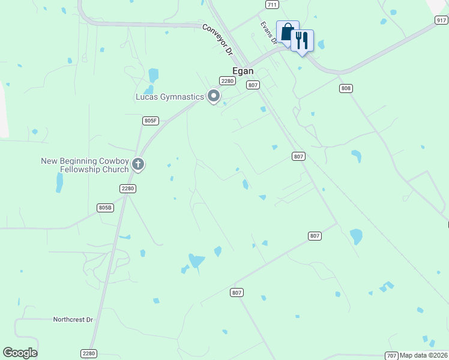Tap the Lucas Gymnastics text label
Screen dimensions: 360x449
pos(170,97)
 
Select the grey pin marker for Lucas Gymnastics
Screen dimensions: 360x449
pos(214,96)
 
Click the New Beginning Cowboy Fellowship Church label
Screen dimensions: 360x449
pos(85,165)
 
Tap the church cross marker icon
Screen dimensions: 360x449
pos(138,164)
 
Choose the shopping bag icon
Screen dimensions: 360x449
pos(288,32)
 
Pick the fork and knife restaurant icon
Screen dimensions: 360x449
pos(302,41)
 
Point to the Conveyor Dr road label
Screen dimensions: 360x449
pos(217,40)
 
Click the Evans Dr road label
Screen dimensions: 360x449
pos(268,32)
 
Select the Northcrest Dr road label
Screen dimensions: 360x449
pos(73,320)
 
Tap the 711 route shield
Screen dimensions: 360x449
pos(273,4)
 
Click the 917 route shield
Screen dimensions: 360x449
pos(441,20)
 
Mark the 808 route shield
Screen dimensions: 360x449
pos(345,88)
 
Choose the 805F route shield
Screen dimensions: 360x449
pos(151,121)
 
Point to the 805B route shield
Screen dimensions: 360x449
pos(105,208)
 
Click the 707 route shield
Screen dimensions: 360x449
pos(391,355)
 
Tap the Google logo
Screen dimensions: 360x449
pos(20,353)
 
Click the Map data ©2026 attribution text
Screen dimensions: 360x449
pos(424,355)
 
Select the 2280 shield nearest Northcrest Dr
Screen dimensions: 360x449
pos(89,353)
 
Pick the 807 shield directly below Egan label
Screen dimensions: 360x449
pos(253,85)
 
